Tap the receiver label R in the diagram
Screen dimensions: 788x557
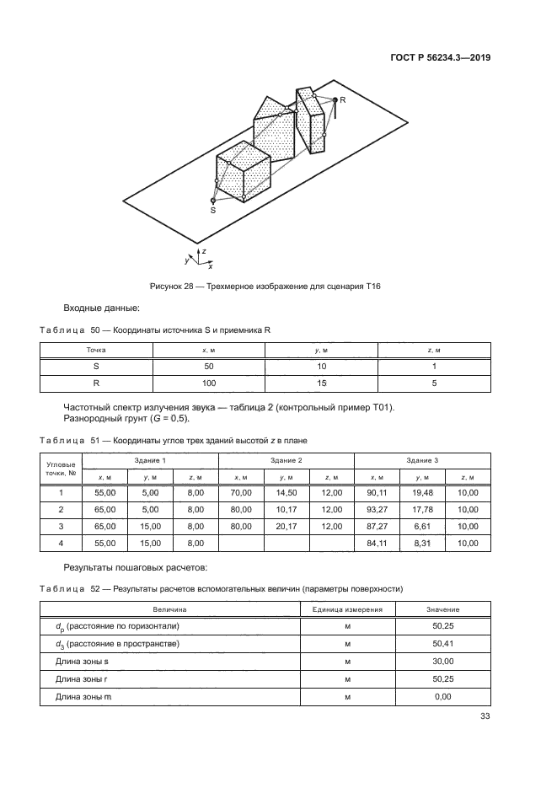pos(343,100)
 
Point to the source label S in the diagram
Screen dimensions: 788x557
pos(212,211)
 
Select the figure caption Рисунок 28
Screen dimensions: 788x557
pos(265,287)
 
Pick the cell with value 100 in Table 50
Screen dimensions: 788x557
pos(209,383)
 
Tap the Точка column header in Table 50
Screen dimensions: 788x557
pos(96,349)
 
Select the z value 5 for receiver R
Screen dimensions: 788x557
pos(434,383)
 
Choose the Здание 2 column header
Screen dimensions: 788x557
pos(286,461)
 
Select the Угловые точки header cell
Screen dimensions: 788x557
pos(60,469)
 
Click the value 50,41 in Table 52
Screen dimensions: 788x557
pos(442,644)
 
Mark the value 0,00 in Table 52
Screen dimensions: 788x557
pos(442,696)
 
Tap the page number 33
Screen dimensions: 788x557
pos(485,717)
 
